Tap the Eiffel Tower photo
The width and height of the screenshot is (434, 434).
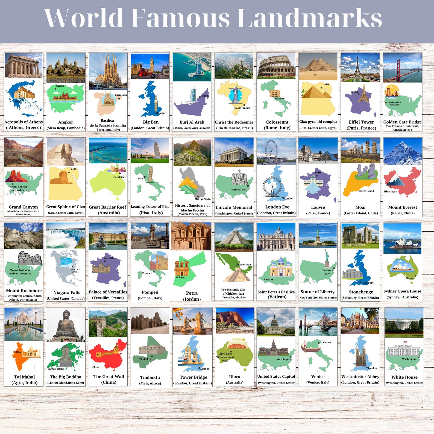[360, 67]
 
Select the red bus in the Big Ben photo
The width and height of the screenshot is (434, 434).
[144, 73]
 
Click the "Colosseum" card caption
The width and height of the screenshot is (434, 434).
[277, 122]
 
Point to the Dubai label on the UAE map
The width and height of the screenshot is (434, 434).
[206, 96]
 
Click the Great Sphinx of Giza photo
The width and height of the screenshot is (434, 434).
[66, 152]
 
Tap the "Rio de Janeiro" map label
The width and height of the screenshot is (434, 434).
[242, 108]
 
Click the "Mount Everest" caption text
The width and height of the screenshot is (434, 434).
[403, 207]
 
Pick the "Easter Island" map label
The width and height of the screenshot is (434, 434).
[366, 191]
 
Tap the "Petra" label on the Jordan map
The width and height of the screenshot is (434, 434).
[182, 277]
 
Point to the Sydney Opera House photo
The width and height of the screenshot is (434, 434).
[403, 236]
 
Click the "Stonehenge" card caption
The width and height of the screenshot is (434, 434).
[361, 292]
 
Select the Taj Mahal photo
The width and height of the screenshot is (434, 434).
[24, 324]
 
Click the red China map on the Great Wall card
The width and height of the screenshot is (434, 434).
[108, 355]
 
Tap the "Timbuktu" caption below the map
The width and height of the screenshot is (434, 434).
[150, 377]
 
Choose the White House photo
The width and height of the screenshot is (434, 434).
[404, 323]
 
